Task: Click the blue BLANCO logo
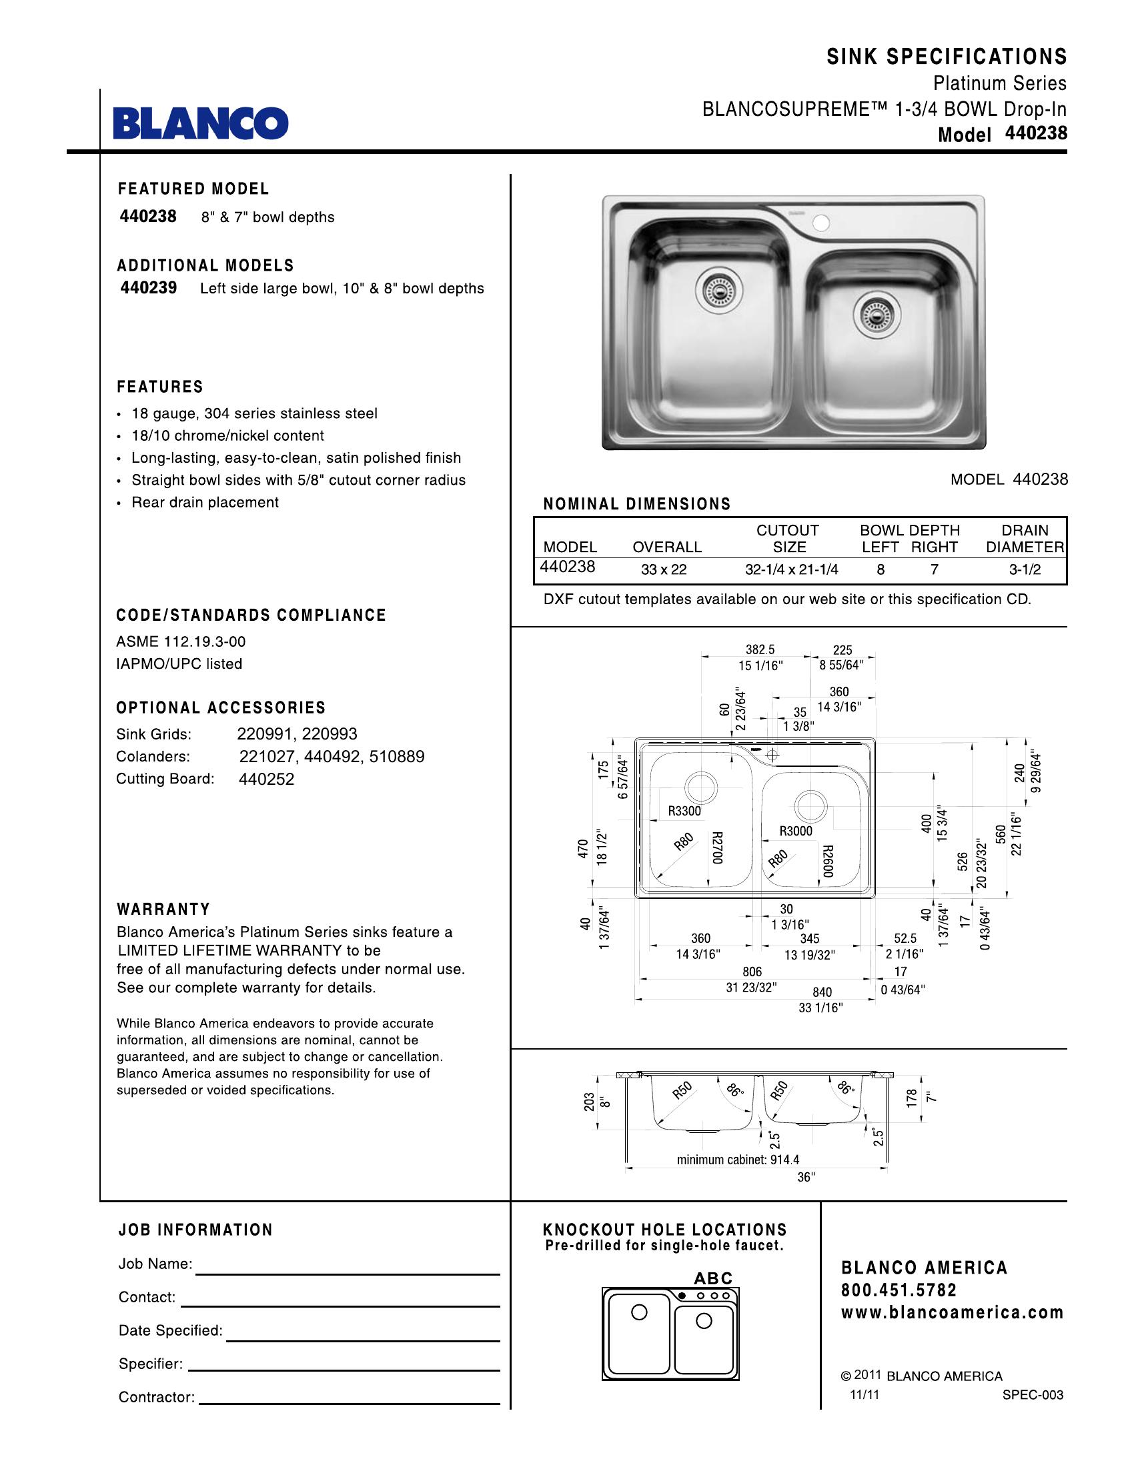point(200,123)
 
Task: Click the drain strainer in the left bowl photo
point(718,291)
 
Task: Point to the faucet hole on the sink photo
point(820,222)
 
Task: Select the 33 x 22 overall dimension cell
point(663,569)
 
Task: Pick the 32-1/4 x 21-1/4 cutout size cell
point(790,569)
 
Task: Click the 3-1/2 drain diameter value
point(1025,569)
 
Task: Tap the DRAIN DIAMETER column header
point(1025,539)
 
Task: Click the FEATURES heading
point(160,387)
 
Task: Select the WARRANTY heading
point(163,909)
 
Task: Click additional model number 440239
point(149,287)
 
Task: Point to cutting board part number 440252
point(267,779)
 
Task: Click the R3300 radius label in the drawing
point(684,811)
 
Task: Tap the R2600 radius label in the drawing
point(828,860)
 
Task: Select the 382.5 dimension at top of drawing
point(760,649)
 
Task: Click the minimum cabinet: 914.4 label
point(738,1160)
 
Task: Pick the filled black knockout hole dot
point(682,1295)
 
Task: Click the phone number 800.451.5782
point(899,1290)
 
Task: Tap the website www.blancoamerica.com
point(952,1312)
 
